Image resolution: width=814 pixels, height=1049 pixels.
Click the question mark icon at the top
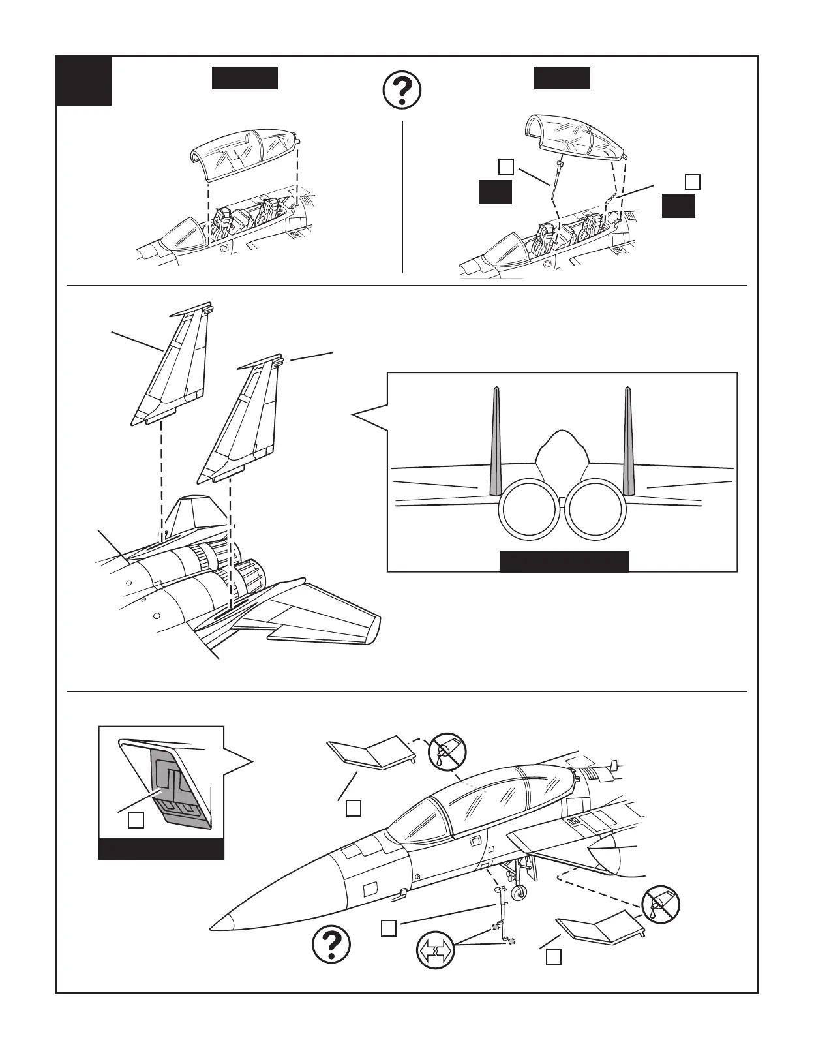point(402,91)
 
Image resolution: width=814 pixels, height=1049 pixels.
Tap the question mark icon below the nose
point(331,945)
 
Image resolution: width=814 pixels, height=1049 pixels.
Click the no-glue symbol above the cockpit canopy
point(447,752)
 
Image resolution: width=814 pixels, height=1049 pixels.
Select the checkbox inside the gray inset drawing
point(136,819)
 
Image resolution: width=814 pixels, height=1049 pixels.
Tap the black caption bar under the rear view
point(564,561)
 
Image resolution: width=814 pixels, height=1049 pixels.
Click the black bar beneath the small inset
point(161,849)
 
